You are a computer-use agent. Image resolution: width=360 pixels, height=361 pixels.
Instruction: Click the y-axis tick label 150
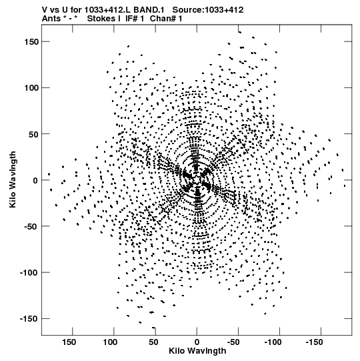pyautogui.click(x=31, y=42)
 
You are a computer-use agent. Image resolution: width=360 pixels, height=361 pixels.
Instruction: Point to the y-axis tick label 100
pyautogui.click(x=31, y=88)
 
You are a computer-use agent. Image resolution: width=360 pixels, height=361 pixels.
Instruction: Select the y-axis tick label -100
pyautogui.click(x=29, y=273)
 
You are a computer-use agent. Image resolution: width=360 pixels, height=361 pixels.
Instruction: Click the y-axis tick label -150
pyautogui.click(x=29, y=319)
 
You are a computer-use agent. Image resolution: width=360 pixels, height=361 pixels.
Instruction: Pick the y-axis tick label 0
pyautogui.click(x=35, y=180)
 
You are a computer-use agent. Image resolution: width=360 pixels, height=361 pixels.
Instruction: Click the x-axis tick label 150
pyautogui.click(x=69, y=342)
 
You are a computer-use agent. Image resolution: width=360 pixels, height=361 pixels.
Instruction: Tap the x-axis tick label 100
pyautogui.click(x=110, y=342)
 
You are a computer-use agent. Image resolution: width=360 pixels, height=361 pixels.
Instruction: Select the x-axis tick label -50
pyautogui.click(x=233, y=342)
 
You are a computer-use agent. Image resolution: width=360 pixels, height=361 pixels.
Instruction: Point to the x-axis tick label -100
pyautogui.click(x=273, y=342)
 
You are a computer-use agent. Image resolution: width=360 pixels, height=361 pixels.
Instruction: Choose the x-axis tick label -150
pyautogui.click(x=314, y=342)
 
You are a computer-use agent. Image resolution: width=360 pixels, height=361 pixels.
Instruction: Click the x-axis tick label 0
pyautogui.click(x=197, y=342)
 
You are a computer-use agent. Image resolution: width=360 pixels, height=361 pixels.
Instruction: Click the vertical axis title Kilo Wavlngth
pyautogui.click(x=13, y=179)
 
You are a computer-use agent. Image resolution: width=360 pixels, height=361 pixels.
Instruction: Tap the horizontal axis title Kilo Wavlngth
pyautogui.click(x=197, y=351)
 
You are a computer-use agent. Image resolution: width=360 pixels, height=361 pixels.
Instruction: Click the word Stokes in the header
pyautogui.click(x=101, y=19)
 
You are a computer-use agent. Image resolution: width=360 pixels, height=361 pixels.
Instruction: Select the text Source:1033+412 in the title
pyautogui.click(x=208, y=10)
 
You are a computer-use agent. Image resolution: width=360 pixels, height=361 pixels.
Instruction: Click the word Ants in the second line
pyautogui.click(x=51, y=19)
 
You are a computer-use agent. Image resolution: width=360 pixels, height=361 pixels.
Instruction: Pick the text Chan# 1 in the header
pyautogui.click(x=166, y=19)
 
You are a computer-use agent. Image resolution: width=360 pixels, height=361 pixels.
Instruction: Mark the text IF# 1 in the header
pyautogui.click(x=135, y=19)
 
